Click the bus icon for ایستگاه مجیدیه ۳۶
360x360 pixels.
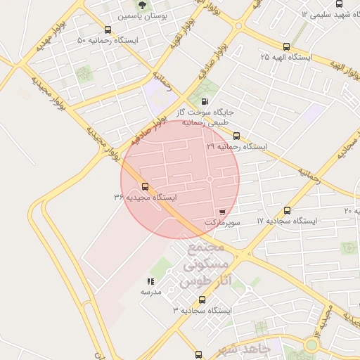click(x=146, y=186)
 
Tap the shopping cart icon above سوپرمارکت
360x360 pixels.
click(x=223, y=211)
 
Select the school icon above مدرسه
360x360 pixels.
click(x=150, y=281)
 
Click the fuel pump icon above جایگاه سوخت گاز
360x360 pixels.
click(x=205, y=101)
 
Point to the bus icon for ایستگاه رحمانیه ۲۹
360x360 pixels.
click(x=236, y=136)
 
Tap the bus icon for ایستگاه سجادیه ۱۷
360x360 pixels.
click(x=287, y=210)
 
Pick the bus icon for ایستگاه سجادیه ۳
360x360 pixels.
click(x=202, y=300)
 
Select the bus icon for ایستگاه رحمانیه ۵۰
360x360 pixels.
click(x=108, y=30)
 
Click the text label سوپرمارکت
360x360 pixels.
click(x=223, y=221)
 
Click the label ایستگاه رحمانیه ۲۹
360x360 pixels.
click(x=237, y=147)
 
